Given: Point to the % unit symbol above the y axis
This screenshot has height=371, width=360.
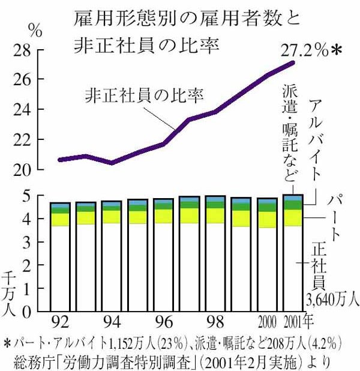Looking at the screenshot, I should click(x=35, y=29).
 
